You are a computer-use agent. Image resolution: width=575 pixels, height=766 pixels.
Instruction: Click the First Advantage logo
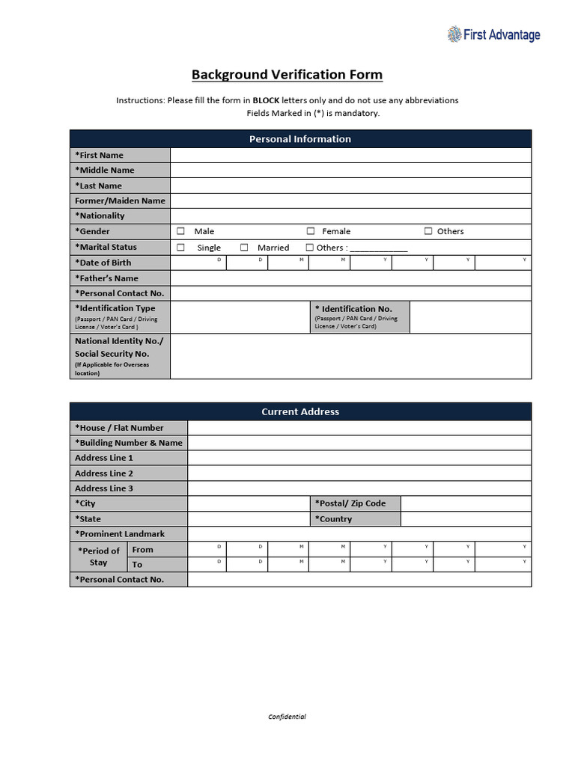[x=493, y=34]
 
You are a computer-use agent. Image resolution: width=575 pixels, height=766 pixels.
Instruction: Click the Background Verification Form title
[x=287, y=75]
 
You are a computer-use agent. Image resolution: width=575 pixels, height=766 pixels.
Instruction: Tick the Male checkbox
[x=180, y=231]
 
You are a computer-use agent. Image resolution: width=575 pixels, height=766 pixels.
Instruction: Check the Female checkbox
[x=311, y=231]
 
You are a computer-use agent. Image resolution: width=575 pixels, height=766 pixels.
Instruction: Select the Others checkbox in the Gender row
[x=428, y=231]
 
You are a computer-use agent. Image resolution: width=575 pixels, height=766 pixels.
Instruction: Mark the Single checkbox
[x=180, y=247]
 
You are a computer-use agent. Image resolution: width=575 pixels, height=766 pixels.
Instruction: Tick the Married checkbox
[x=244, y=247]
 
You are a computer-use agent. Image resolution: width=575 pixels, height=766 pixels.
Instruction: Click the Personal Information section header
[x=300, y=139]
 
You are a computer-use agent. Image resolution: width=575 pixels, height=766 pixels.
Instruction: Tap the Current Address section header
[x=300, y=411]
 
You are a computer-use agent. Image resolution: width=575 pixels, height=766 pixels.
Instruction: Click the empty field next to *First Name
[x=350, y=155]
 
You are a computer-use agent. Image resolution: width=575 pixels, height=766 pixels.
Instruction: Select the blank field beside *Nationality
[x=350, y=215]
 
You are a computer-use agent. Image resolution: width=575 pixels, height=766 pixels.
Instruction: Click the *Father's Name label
[x=106, y=278]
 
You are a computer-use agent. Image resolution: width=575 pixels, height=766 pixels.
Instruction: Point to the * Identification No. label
[x=353, y=309]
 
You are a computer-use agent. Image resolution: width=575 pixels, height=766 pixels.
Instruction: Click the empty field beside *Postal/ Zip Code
[x=466, y=503]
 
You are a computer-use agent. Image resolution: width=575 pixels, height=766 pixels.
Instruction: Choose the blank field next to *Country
[x=466, y=519]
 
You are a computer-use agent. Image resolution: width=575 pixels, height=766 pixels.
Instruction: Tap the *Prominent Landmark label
[x=120, y=534]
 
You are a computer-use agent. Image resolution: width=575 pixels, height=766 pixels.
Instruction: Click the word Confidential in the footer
[x=287, y=717]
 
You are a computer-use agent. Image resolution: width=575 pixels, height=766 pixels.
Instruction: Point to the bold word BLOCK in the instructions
[x=266, y=100]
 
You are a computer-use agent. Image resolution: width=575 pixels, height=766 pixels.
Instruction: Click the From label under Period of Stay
[x=142, y=550]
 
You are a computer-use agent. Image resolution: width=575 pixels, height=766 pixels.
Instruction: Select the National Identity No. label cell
[x=120, y=356]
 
